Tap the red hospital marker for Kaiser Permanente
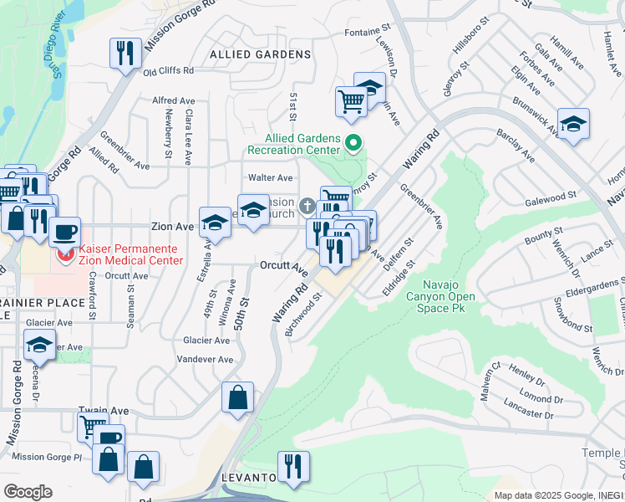[64, 251]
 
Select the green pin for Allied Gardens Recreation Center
[353, 144]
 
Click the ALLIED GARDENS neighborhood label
[249, 54]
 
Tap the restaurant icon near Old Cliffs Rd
[124, 54]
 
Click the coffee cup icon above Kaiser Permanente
[64, 231]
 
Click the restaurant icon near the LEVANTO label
[293, 466]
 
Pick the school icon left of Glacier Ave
[39, 344]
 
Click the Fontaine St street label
[368, 33]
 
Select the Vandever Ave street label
[205, 359]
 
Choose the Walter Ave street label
[271, 177]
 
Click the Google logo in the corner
[28, 492]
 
